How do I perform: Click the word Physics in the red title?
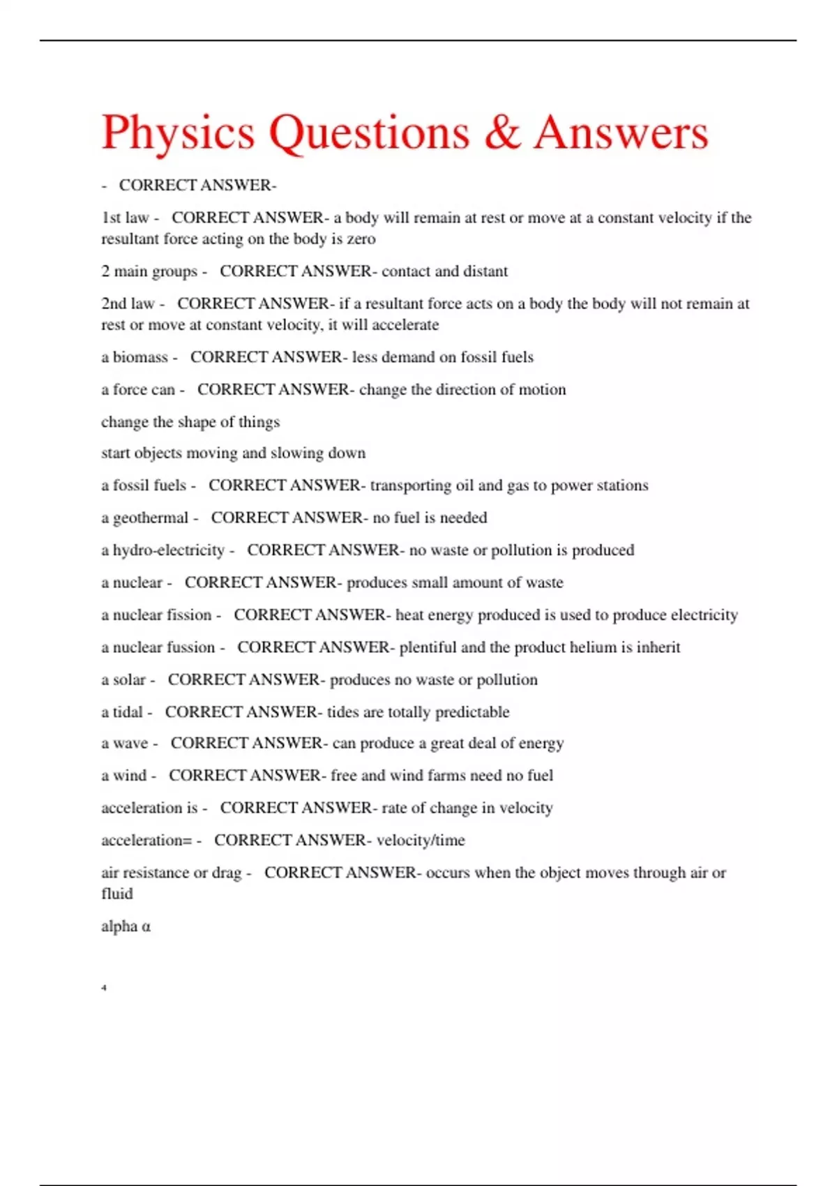click(x=179, y=133)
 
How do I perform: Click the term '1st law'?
click(x=125, y=218)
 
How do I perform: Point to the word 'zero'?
click(x=361, y=239)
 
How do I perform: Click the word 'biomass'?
click(x=140, y=357)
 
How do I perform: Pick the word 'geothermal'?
click(x=151, y=518)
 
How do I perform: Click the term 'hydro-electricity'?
click(x=169, y=550)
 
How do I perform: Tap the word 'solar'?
click(x=130, y=680)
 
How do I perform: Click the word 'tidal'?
click(x=128, y=712)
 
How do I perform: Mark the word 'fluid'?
click(x=117, y=894)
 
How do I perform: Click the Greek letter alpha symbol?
click(x=146, y=926)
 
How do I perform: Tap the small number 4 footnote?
click(x=104, y=987)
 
